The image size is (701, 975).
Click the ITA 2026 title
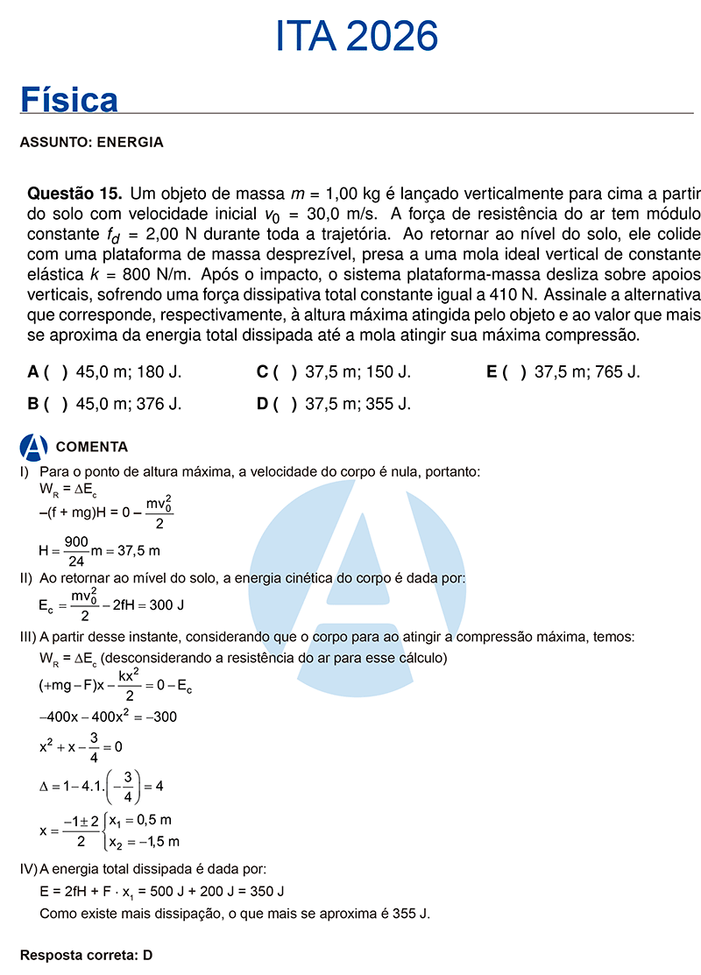[357, 37]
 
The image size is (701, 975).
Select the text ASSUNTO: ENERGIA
[91, 142]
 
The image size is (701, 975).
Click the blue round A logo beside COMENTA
[34, 447]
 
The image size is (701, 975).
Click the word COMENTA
[92, 447]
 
